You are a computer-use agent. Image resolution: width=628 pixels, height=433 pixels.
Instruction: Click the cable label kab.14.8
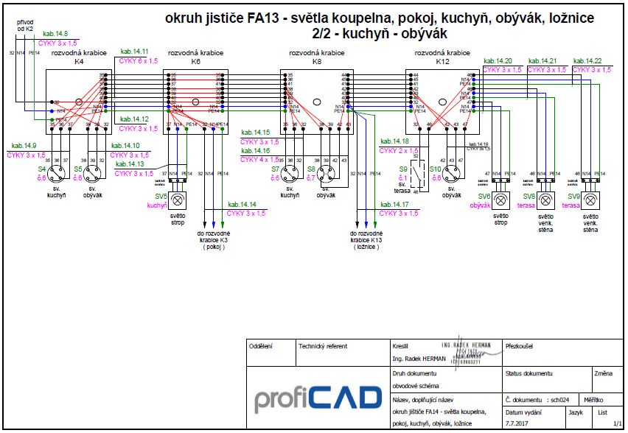[x=56, y=34]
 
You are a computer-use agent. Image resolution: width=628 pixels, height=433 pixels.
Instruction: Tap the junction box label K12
[x=442, y=62]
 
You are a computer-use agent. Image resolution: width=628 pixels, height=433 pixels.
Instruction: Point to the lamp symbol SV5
[x=179, y=200]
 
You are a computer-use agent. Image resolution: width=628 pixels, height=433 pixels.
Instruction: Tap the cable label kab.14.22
[x=587, y=60]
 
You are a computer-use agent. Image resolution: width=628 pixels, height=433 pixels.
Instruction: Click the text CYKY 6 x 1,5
[x=139, y=61]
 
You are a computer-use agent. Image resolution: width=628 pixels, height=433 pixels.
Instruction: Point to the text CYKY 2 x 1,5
[x=399, y=150]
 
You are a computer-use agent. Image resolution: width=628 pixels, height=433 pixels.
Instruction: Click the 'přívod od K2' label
[x=25, y=26]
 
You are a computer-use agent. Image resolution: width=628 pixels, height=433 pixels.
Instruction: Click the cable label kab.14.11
[x=135, y=52]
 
